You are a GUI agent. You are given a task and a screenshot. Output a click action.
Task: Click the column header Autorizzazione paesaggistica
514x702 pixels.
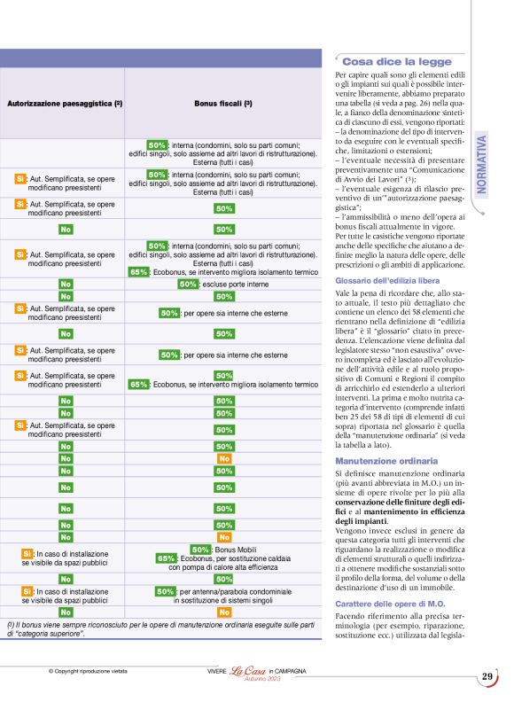click(x=64, y=104)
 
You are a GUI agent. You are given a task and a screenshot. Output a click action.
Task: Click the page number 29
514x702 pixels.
click(x=487, y=677)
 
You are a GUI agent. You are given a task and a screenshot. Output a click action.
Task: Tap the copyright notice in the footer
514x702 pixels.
click(x=88, y=671)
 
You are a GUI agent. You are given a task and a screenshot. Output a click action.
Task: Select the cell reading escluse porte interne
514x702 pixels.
click(x=234, y=285)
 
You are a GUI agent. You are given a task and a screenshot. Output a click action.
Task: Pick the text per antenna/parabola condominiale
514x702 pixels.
click(x=235, y=591)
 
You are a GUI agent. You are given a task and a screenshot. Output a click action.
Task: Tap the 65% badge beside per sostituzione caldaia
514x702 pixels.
click(x=166, y=558)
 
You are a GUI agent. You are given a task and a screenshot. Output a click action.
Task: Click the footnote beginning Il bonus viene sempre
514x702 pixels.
click(x=160, y=628)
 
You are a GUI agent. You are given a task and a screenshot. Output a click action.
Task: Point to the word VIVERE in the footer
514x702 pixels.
click(x=206, y=671)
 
